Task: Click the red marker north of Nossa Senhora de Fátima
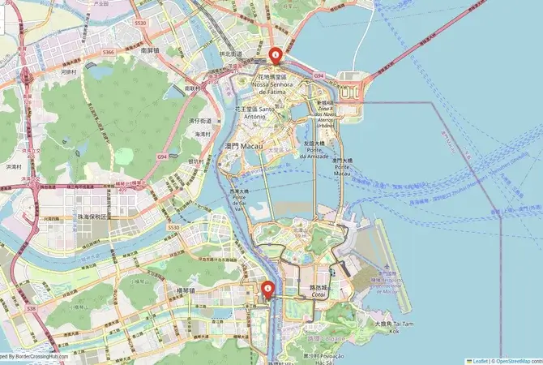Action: click(275, 55)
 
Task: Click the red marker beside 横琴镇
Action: click(267, 289)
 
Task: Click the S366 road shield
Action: click(109, 52)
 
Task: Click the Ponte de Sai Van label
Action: click(239, 200)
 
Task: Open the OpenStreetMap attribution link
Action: click(519, 360)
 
